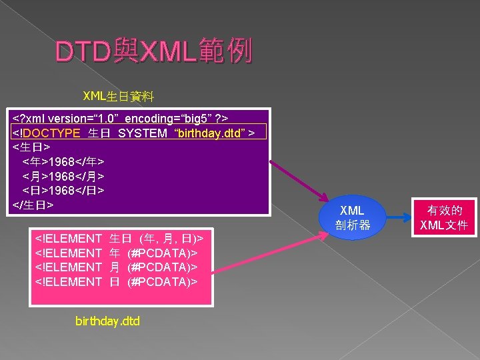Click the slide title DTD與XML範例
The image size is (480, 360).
click(154, 51)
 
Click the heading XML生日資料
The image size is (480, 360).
click(118, 96)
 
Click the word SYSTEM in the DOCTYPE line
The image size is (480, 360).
click(143, 133)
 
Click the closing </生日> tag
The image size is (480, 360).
click(33, 205)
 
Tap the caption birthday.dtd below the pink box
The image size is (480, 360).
click(108, 321)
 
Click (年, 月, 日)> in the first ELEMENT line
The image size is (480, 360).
click(171, 238)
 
